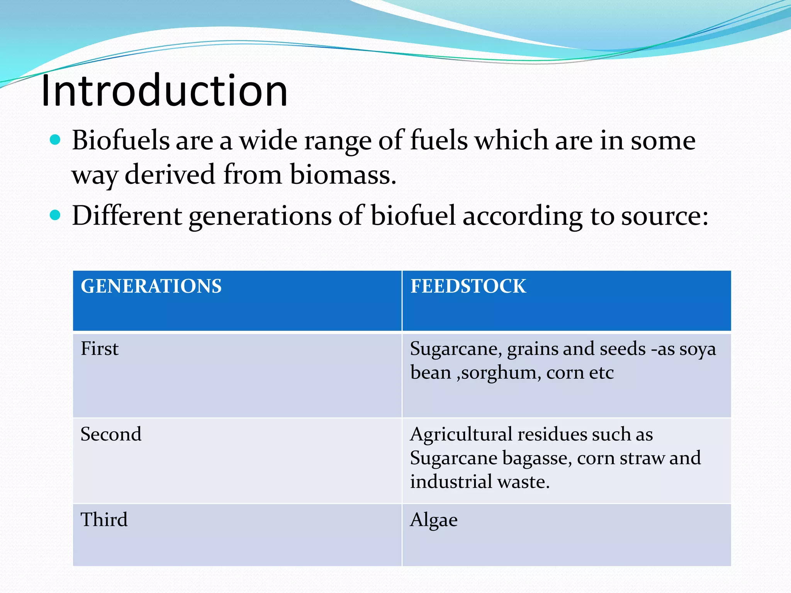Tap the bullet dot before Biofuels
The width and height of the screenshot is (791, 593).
56,139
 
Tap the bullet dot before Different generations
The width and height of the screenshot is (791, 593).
56,215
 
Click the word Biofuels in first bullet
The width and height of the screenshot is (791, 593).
121,140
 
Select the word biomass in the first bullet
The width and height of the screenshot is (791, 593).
343,175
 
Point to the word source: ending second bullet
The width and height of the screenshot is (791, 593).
664,216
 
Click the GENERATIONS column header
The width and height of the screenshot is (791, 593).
151,286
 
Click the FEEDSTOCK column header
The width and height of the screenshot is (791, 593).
468,286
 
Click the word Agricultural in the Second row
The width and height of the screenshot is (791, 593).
461,435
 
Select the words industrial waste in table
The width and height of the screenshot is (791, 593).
479,482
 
